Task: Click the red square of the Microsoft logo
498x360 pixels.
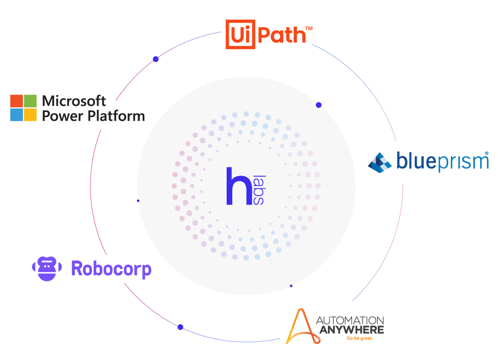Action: coord(16,100)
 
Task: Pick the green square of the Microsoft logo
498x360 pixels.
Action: coord(30,100)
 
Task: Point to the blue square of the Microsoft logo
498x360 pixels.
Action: coord(16,115)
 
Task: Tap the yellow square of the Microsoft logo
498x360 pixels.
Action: coord(30,115)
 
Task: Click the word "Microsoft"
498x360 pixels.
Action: coord(74,101)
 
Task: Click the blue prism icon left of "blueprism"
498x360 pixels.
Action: coord(380,162)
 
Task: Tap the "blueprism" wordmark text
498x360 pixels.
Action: coord(442,162)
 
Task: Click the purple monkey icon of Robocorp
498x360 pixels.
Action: coord(47,268)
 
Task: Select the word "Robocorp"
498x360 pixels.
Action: coord(112,268)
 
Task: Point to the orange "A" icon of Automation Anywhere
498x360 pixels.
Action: coord(299,326)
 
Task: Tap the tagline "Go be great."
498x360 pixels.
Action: coord(359,338)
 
